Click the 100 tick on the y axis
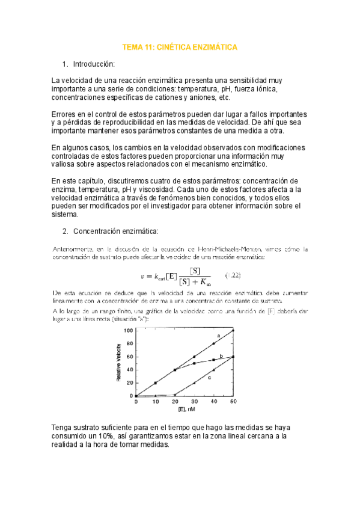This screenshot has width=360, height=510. [128, 314]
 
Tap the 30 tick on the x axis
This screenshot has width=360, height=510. [194, 401]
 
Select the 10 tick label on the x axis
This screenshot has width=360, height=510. [155, 401]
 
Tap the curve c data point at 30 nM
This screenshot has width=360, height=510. [194, 382]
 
